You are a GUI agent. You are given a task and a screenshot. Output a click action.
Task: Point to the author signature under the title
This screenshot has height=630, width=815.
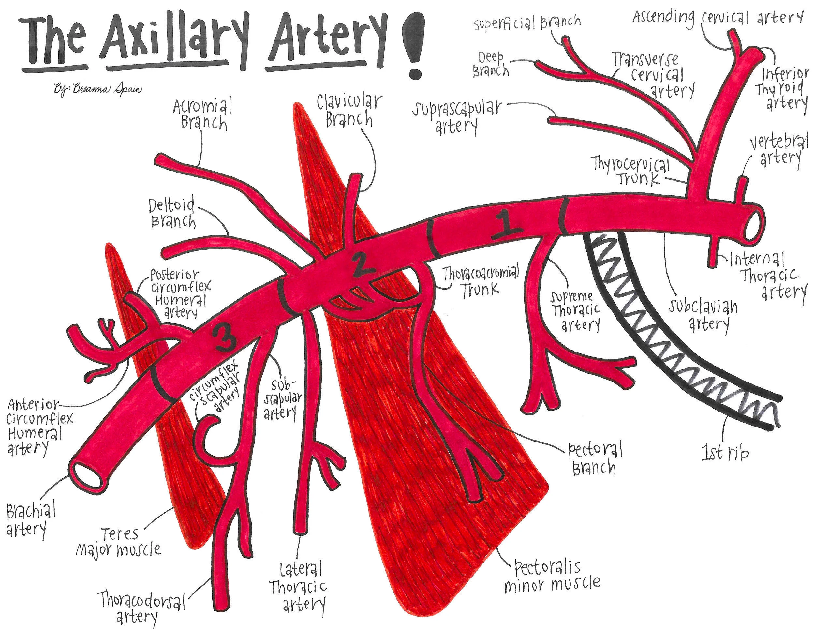(x=98, y=90)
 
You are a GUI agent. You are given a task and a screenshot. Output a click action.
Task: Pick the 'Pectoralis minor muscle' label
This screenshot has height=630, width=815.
(x=552, y=577)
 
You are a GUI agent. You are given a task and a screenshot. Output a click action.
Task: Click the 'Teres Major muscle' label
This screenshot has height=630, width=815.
(x=119, y=542)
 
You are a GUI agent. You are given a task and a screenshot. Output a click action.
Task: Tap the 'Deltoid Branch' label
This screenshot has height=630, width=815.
(x=172, y=213)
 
